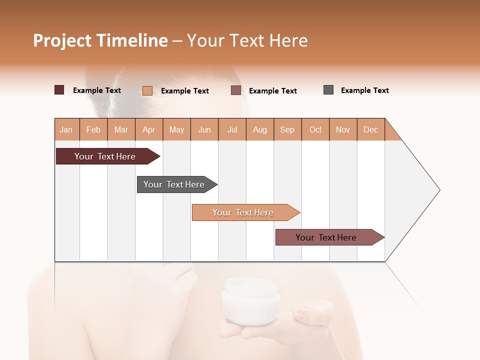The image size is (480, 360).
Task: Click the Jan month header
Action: tap(66, 129)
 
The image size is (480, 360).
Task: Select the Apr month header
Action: tap(149, 129)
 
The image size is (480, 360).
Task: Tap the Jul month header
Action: tap(232, 129)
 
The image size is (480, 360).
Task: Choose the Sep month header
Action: tap(287, 129)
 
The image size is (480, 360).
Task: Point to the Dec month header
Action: tap(370, 129)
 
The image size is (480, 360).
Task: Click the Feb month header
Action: tap(93, 129)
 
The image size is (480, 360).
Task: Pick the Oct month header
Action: tap(315, 129)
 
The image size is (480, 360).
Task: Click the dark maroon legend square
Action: tap(59, 90)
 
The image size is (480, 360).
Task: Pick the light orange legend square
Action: tap(147, 90)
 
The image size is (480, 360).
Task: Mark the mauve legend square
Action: tap(236, 90)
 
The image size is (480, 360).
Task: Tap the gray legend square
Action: tap(328, 90)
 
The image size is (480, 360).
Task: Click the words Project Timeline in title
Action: tap(100, 40)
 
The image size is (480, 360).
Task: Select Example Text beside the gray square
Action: tap(364, 90)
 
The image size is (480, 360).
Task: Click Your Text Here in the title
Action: tap(247, 40)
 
